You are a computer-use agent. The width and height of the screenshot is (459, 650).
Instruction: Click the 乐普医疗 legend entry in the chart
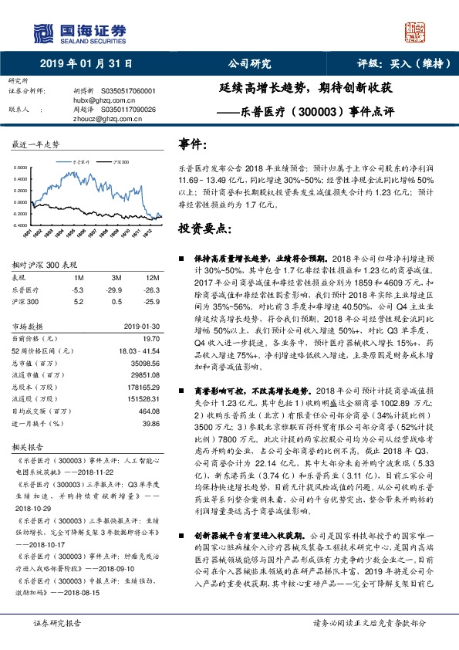[82, 163]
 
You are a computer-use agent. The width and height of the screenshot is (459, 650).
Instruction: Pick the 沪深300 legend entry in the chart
[120, 163]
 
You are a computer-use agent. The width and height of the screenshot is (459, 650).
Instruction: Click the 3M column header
[116, 277]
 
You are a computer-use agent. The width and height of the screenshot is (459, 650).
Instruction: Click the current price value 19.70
[150, 339]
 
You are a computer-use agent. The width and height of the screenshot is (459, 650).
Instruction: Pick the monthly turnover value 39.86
[150, 423]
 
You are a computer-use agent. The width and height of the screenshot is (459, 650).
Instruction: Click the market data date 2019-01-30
[142, 327]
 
